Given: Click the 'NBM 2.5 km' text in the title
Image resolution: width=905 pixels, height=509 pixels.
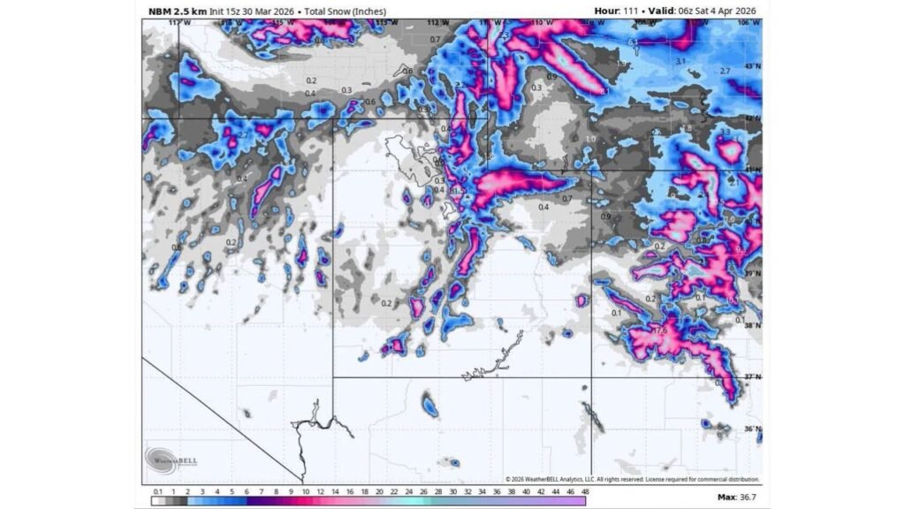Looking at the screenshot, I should (178, 11).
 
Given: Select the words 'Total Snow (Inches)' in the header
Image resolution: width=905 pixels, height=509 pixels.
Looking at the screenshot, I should (346, 11).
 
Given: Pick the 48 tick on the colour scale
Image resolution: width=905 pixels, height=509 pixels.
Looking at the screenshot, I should (584, 490).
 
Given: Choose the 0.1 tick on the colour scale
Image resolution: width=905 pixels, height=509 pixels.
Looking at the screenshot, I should (156, 490).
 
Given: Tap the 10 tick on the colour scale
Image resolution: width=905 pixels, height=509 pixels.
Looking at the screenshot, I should (306, 490).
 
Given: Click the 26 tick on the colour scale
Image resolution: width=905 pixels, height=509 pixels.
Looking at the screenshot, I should (423, 490).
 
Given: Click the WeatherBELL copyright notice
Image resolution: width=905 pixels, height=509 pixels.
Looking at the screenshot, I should (632, 479).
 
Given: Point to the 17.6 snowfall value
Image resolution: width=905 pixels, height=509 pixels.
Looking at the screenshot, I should (658, 330).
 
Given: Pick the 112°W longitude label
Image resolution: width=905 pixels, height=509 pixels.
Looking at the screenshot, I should (433, 22).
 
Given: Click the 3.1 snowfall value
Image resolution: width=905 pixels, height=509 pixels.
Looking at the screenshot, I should (681, 60).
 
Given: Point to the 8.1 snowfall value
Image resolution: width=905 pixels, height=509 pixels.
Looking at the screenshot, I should (605, 91).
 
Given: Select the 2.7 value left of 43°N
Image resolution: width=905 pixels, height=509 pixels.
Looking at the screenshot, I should (725, 71).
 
